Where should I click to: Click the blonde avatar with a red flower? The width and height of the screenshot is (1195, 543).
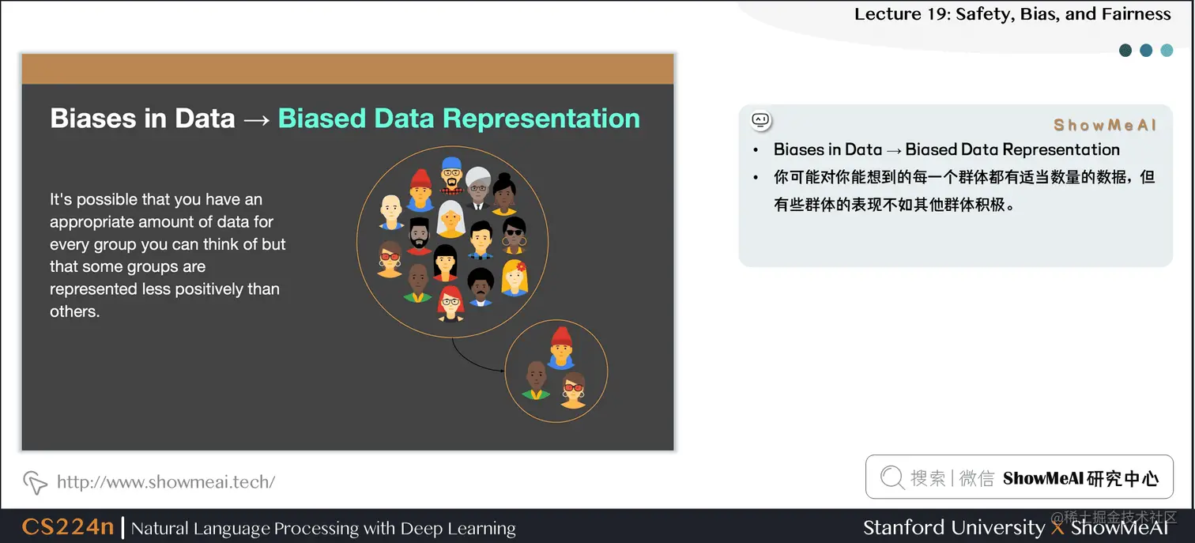[x=515, y=277]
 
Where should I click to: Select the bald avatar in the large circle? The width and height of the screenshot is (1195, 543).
[x=391, y=213]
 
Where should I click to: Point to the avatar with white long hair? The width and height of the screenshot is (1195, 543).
[x=450, y=219]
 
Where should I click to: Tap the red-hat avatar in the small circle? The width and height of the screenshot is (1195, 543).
[x=561, y=347]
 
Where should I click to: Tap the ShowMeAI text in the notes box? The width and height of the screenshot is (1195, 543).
[x=1105, y=125]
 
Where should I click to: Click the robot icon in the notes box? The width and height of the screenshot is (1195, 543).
[x=760, y=120]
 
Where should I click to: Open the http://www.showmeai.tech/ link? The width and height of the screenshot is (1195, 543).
[x=166, y=481]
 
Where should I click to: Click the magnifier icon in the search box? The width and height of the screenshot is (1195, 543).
[x=892, y=477]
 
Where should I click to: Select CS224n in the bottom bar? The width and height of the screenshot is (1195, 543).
[x=68, y=527]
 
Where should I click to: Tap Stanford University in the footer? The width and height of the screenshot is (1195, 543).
[x=953, y=527]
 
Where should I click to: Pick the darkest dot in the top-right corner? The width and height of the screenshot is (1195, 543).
[x=1125, y=51]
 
